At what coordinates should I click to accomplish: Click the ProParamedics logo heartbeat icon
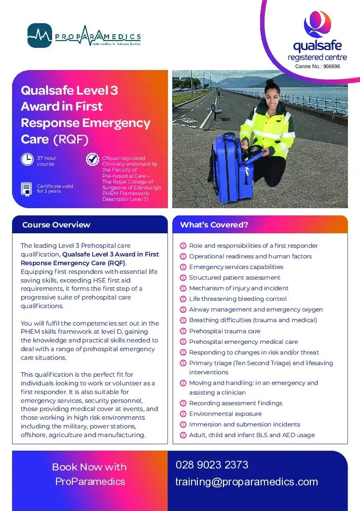(x=40, y=35)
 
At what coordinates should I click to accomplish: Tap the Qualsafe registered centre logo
(x=317, y=41)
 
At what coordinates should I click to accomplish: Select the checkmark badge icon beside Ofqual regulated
(x=92, y=159)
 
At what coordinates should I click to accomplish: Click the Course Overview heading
(x=56, y=225)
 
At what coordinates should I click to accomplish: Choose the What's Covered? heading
(x=214, y=225)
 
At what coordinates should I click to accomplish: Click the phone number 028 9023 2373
(x=212, y=465)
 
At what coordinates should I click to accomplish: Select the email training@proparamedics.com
(x=247, y=482)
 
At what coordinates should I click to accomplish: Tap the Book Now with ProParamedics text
(x=89, y=474)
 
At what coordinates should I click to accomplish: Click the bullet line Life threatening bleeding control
(x=237, y=299)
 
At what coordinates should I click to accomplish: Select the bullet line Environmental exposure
(x=225, y=414)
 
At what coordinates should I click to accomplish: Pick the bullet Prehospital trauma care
(x=224, y=331)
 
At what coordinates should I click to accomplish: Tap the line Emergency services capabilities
(x=236, y=267)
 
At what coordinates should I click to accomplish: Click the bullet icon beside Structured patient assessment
(x=183, y=278)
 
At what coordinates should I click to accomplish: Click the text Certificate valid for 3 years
(x=55, y=188)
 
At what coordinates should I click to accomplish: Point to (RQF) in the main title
(x=71, y=140)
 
